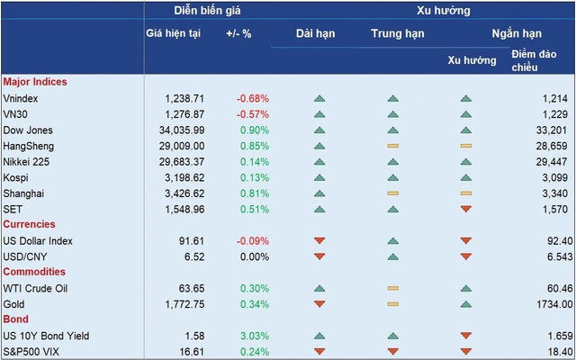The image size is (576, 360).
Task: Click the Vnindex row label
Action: click(21, 97)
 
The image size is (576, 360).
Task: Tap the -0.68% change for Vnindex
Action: click(252, 97)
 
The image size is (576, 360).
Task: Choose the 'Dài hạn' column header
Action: click(319, 33)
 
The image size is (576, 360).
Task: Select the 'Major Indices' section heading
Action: click(35, 82)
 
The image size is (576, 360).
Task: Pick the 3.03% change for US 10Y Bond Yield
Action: click(253, 336)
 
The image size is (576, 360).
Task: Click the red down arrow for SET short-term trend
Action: click(465, 210)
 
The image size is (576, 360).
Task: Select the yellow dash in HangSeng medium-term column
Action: click(391, 146)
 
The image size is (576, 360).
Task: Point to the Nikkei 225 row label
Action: click(28, 161)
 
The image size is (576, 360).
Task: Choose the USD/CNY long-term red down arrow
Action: click(319, 256)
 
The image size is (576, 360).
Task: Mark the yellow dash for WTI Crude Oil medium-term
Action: click(391, 289)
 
